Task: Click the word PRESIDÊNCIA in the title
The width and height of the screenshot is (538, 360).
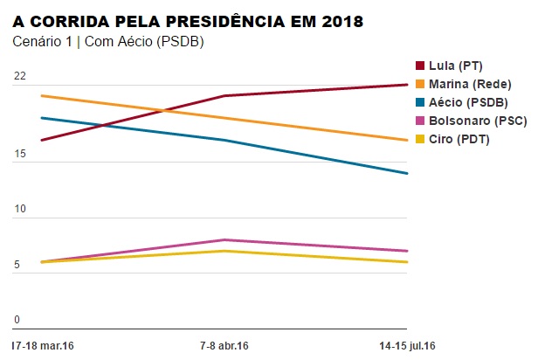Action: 235,18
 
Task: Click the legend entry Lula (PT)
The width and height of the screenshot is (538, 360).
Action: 455,66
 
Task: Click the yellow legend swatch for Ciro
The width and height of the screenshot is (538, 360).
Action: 420,139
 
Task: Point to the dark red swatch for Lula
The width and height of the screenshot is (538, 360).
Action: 420,66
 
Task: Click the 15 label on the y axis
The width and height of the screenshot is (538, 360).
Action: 19,155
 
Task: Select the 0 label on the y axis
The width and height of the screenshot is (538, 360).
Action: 17,321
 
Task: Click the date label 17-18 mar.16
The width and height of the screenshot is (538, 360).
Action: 44,346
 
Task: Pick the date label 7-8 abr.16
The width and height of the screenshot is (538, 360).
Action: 224,346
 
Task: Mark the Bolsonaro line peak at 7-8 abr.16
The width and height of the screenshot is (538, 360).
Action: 224,239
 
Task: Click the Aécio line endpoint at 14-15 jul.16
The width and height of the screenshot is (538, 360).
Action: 407,173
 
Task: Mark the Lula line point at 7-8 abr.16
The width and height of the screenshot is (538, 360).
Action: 224,96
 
